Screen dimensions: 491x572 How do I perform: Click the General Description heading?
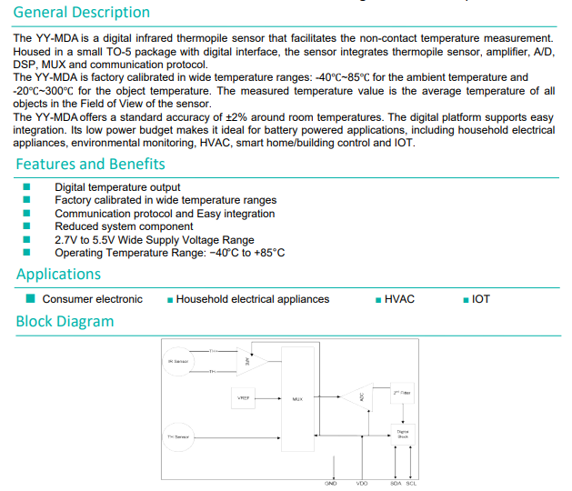click(82, 13)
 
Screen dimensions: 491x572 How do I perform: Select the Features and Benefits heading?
click(90, 165)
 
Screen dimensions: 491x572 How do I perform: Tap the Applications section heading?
click(58, 275)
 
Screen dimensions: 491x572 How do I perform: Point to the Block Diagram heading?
click(65, 322)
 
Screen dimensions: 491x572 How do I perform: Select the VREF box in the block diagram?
click(244, 398)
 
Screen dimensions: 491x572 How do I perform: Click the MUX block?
click(297, 398)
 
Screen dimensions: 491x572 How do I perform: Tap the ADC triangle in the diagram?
click(357, 397)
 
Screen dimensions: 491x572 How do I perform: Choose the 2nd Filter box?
click(403, 392)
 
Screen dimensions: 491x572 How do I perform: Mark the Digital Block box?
click(403, 434)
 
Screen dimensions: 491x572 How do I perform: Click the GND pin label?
click(331, 483)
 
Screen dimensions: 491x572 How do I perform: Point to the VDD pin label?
click(361, 483)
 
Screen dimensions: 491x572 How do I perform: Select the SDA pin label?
click(396, 483)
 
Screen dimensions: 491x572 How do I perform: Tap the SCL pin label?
click(411, 483)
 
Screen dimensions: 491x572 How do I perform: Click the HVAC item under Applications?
click(399, 299)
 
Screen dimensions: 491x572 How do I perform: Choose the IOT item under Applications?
click(481, 299)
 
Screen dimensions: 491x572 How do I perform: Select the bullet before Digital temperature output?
click(27, 187)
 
